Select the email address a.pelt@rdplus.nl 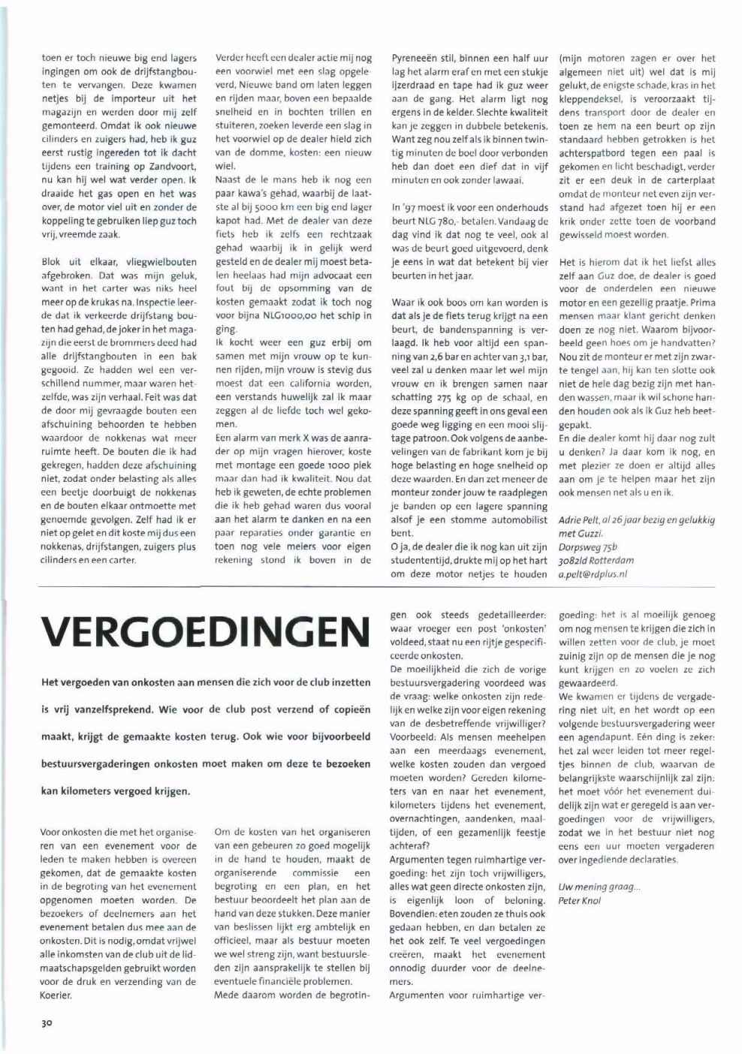(593, 574)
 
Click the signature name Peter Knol (580, 900)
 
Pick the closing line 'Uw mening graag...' (599, 887)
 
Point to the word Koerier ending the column (56, 995)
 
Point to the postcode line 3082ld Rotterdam (596, 561)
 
